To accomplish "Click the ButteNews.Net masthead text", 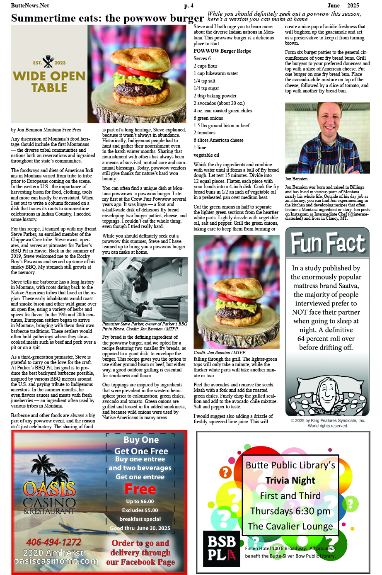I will tap(30, 5).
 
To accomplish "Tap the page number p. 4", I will tap(189, 5).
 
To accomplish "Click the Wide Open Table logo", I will tap(49, 75).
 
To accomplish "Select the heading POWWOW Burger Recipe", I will tap(222, 51).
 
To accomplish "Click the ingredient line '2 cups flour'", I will tap(205, 66).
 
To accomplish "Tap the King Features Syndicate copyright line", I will tap(327, 420).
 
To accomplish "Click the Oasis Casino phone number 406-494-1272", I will tap(54, 542).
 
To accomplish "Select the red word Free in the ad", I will tap(140, 489).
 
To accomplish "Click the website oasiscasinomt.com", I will tap(56, 561).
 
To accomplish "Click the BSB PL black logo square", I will tap(221, 548).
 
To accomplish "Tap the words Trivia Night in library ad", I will tap(290, 480).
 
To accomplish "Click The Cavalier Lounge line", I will tap(290, 526).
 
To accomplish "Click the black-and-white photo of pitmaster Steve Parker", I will tap(144, 289).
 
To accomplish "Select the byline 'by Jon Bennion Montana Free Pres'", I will tap(46, 130).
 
